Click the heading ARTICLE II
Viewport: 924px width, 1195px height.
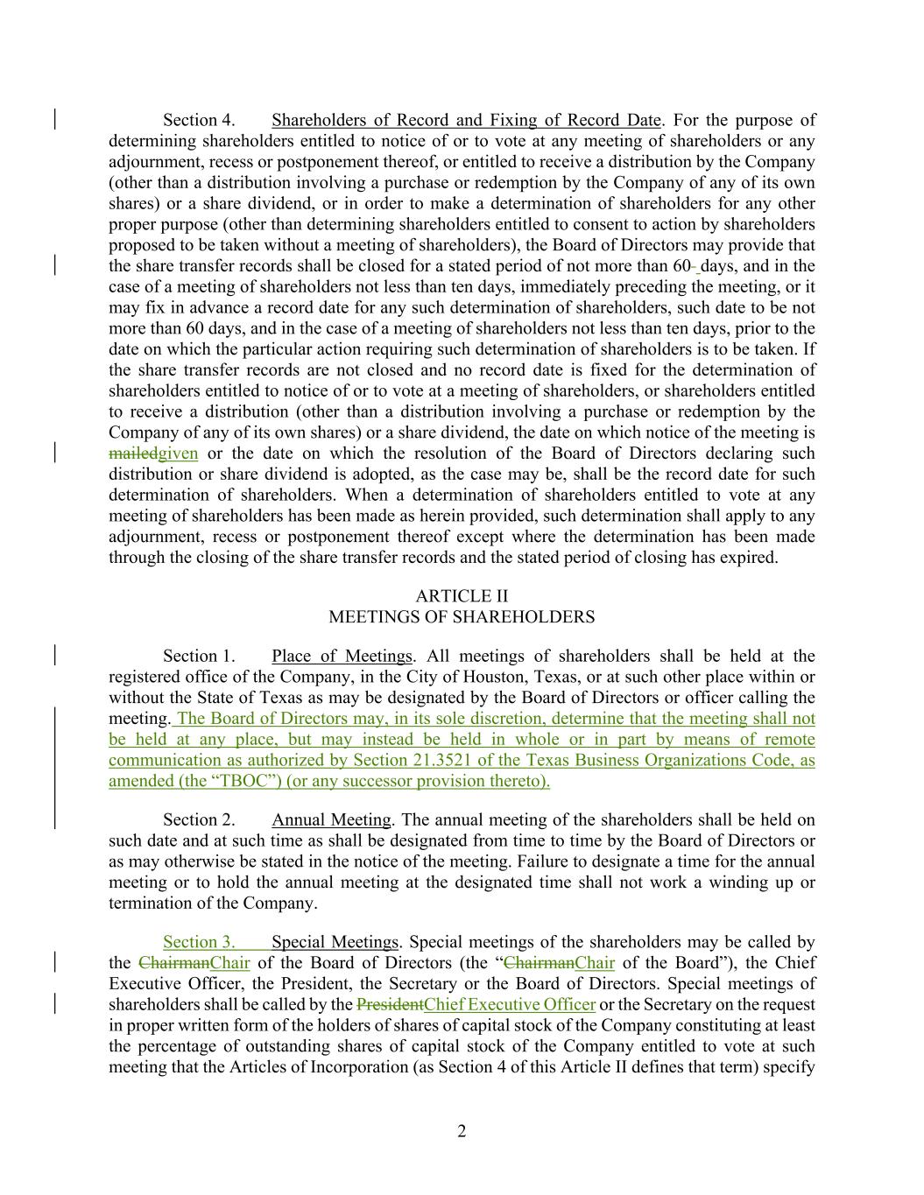pyautogui.click(x=461, y=596)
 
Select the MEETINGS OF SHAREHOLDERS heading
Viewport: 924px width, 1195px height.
pyautogui.click(x=461, y=617)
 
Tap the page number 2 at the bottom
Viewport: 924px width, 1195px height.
pyautogui.click(x=462, y=1131)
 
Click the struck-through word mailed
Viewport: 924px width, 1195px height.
pyautogui.click(x=133, y=453)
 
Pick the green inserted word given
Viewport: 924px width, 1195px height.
pyautogui.click(x=178, y=453)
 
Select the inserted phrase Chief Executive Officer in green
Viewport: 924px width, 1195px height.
pyautogui.click(x=510, y=1004)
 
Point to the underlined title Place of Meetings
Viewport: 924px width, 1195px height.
pyautogui.click(x=342, y=656)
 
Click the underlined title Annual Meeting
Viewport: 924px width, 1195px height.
pyautogui.click(x=331, y=819)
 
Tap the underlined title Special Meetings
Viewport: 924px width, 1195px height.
pyautogui.click(x=335, y=942)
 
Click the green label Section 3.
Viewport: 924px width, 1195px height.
pyautogui.click(x=199, y=942)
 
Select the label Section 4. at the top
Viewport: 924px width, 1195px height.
pyautogui.click(x=199, y=120)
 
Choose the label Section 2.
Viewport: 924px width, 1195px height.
pyautogui.click(x=199, y=819)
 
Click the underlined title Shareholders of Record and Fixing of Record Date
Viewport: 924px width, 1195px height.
pyautogui.click(x=467, y=120)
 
